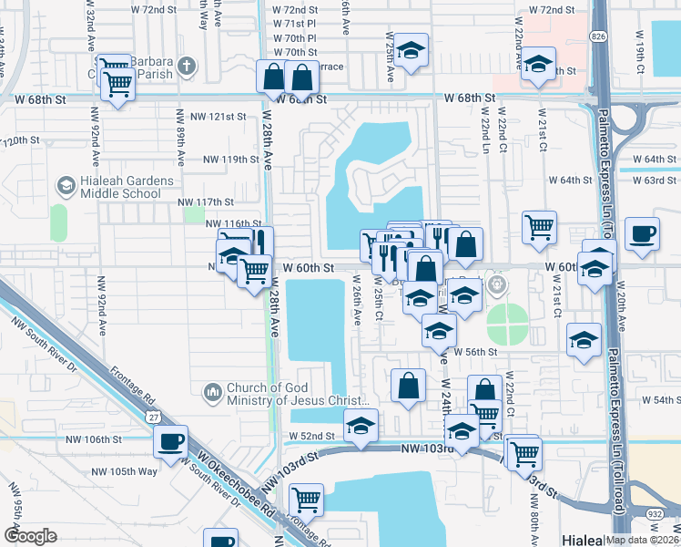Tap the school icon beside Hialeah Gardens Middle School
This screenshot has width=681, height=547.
click(66, 186)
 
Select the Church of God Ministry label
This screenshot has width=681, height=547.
click(291, 393)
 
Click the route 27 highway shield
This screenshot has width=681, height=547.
click(150, 416)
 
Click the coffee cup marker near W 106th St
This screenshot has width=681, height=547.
click(170, 442)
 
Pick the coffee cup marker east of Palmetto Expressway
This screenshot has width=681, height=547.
click(643, 232)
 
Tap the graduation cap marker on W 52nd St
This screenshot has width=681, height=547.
click(361, 426)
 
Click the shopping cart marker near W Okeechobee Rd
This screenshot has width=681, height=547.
click(307, 500)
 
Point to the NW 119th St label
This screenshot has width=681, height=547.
click(231, 159)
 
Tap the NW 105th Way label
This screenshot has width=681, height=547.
click(125, 471)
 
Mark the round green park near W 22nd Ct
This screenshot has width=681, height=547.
click(506, 321)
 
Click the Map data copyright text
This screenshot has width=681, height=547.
click(640, 540)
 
